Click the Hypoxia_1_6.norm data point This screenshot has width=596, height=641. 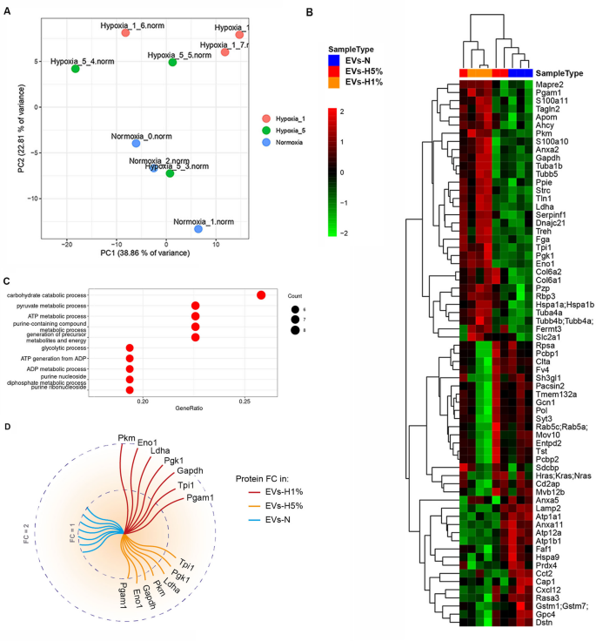point(125,33)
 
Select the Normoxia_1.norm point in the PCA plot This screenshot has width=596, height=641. point(198,229)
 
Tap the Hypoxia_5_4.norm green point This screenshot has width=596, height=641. point(76,69)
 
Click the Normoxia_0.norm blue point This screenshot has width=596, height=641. point(136,144)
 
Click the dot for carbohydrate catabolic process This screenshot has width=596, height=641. point(261,296)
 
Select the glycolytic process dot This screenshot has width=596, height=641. point(130,347)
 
